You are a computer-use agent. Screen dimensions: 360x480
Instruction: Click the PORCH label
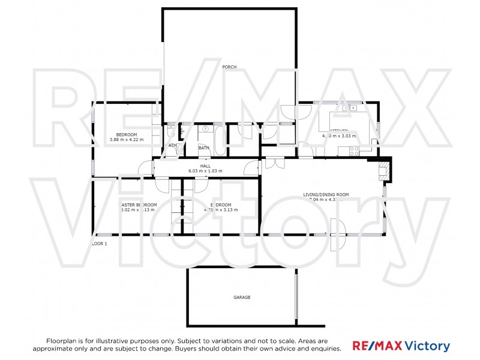[x=229, y=67]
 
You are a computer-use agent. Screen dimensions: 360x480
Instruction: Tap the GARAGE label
[x=242, y=297]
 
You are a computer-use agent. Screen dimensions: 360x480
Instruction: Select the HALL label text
[x=205, y=166]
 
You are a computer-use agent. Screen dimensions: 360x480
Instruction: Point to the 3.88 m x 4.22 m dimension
[x=127, y=140]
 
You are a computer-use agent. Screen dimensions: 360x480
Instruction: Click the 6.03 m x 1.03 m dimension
[x=205, y=171]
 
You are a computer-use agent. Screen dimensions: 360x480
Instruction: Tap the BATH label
[x=204, y=148]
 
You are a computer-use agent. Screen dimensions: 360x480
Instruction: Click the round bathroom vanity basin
[x=205, y=129]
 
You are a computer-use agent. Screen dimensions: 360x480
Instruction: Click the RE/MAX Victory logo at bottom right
[x=401, y=346]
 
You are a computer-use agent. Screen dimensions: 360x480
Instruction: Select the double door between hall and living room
[x=274, y=163]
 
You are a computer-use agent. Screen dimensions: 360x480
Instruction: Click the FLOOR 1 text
[x=98, y=244]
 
